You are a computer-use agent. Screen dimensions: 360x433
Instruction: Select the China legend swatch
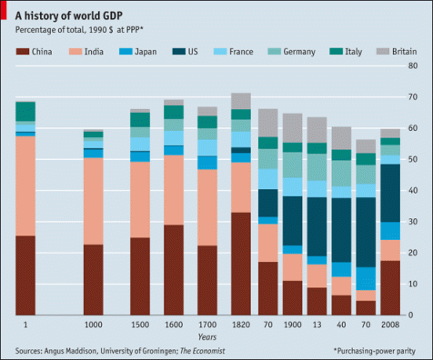click(22, 52)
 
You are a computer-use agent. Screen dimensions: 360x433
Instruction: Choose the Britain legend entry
click(399, 52)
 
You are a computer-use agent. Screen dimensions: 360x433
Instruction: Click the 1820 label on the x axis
click(240, 325)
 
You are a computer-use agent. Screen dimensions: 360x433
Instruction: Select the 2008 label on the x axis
click(390, 325)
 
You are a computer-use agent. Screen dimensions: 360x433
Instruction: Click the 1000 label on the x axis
click(93, 325)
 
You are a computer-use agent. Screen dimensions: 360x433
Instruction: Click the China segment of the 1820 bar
click(240, 264)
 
